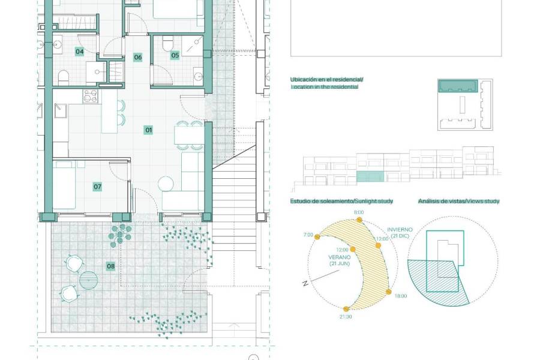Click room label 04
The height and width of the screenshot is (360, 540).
pos(80,52)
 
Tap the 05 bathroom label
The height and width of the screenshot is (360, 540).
pos(175,55)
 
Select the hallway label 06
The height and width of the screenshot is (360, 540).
pos(138,57)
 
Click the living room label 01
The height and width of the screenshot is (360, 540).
pos(148,130)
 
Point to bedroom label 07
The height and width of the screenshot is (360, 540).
pos(97,187)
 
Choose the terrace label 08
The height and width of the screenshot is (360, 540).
pos(110,266)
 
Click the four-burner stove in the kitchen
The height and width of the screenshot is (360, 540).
pos(90,96)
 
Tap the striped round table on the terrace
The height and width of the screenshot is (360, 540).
pos(89,280)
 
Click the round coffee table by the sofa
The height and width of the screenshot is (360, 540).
pos(166,184)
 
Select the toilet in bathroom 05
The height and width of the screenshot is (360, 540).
pos(168,43)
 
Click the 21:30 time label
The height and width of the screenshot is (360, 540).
pos(346,317)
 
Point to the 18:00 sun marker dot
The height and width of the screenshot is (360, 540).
pos(388,292)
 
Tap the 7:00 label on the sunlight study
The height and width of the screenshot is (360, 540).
pos(308,235)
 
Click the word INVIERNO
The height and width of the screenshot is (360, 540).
pos(400,230)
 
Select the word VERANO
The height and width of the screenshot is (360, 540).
pos(340,257)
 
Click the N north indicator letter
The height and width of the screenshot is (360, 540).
pos(305,284)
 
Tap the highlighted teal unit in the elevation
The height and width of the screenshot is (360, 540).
pos(370,176)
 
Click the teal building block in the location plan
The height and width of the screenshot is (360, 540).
pos(458,86)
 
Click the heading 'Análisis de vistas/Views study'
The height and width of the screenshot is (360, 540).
pos(459,201)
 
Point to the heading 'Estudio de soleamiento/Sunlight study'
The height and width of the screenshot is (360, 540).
pos(341,201)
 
